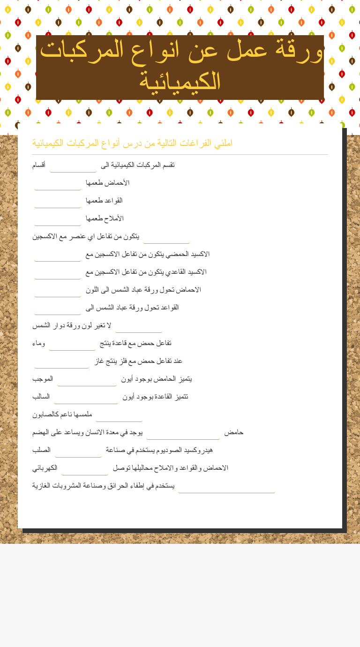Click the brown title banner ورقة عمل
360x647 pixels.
(x=180, y=67)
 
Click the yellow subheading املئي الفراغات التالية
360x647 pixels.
(x=132, y=143)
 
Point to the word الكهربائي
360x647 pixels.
(x=45, y=468)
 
